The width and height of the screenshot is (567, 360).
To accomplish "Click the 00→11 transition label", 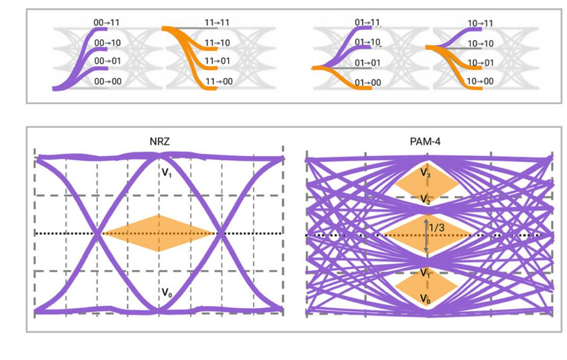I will click(107, 23).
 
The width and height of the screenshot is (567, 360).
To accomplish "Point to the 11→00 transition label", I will click(218, 82).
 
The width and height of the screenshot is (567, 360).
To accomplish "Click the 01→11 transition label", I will click(367, 23).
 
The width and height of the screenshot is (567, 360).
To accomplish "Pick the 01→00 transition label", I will click(368, 83).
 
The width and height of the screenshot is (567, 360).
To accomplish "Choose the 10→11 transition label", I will click(480, 23).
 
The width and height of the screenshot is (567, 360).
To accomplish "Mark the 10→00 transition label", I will click(480, 82).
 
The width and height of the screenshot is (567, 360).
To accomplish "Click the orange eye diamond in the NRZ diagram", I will click(159, 233).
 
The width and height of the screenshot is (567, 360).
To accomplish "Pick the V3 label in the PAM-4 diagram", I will click(426, 173).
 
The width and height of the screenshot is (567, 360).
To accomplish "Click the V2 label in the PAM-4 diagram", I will click(426, 199).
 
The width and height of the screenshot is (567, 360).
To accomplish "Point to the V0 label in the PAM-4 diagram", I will click(426, 298).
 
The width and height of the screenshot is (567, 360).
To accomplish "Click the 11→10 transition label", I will click(217, 43).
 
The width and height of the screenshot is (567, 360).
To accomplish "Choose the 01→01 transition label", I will click(368, 63).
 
